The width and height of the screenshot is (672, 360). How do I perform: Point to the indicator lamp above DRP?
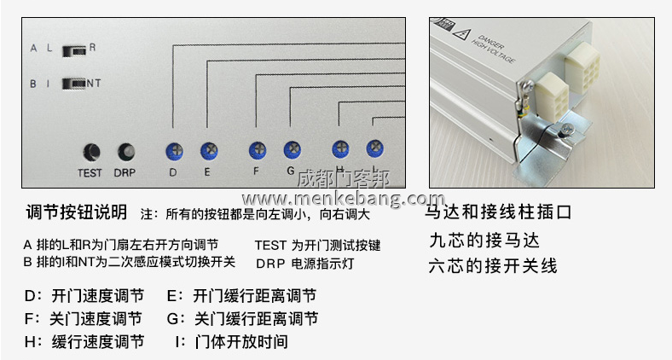[x=126, y=152]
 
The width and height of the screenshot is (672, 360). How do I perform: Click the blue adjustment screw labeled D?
[x=173, y=152]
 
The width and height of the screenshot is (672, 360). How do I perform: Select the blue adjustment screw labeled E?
[x=208, y=152]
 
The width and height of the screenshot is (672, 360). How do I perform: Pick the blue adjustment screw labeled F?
[x=257, y=151]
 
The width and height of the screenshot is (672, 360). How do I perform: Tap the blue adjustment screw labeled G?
[x=292, y=151]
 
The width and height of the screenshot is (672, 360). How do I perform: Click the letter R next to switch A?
[x=92, y=49]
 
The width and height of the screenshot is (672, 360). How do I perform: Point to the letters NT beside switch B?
[x=95, y=84]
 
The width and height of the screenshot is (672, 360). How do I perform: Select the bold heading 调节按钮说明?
[x=77, y=212]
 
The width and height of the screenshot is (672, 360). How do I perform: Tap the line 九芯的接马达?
[x=484, y=240]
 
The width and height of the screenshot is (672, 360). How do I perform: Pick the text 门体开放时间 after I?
[x=240, y=342]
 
